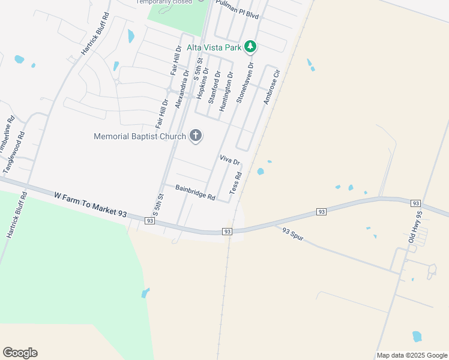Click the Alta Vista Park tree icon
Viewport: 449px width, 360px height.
coord(251,46)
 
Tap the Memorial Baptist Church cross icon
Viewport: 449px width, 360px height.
coord(195,136)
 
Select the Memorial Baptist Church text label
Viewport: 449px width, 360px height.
coord(140,136)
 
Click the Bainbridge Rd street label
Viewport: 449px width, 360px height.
coord(195,192)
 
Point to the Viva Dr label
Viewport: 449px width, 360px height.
coord(230,160)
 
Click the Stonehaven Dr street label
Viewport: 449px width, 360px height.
coord(246,83)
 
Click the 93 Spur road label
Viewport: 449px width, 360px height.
coord(293,234)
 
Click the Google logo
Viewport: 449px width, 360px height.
coord(20,353)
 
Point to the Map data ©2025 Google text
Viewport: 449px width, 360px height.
coord(412,355)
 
